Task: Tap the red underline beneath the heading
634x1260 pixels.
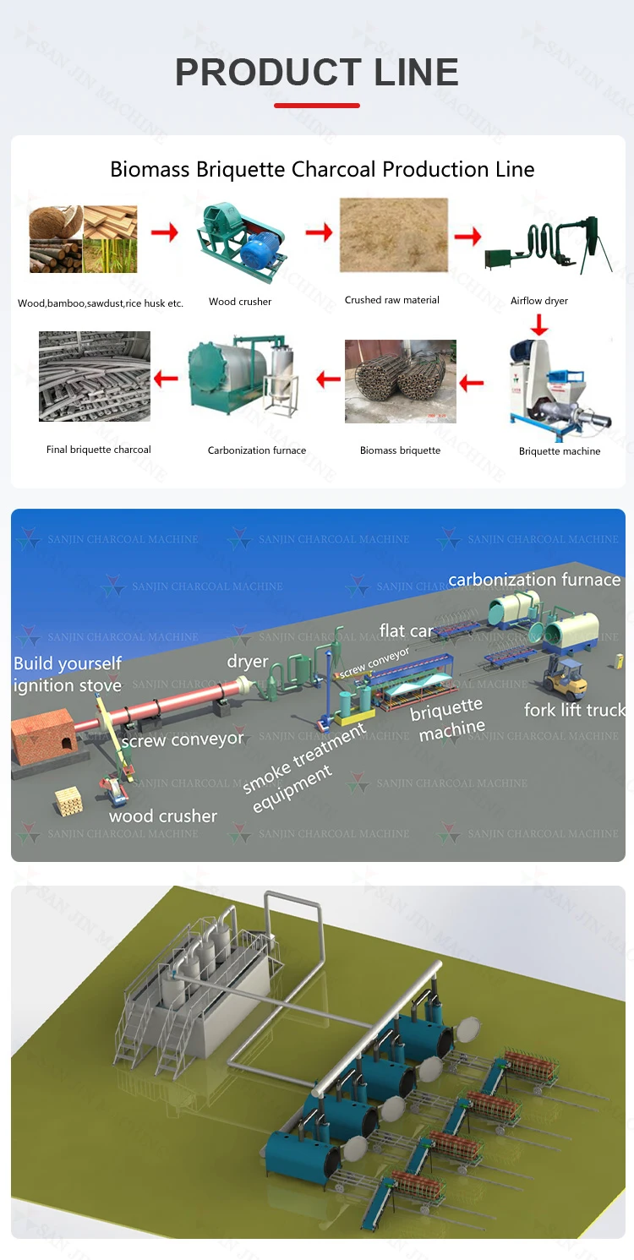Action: point(317,106)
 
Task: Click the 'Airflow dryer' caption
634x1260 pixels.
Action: point(539,301)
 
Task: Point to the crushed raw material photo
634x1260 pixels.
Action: point(393,235)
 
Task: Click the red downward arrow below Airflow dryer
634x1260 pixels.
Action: point(538,324)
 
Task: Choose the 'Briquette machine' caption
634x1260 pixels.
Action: point(560,451)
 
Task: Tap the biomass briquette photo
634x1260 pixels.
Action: point(400,381)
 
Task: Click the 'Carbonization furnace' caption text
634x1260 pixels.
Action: point(257,450)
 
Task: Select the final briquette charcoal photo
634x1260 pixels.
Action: point(95,376)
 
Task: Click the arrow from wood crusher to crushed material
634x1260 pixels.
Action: point(319,232)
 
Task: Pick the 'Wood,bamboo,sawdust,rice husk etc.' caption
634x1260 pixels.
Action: point(101,303)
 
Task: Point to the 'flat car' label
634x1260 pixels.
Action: point(406,630)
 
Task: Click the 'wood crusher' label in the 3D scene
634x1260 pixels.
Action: point(163,816)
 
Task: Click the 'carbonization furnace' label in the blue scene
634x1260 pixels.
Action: point(534,580)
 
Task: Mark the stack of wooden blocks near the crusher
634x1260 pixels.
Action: point(68,799)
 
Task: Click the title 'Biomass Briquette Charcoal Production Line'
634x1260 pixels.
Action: point(322,169)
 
